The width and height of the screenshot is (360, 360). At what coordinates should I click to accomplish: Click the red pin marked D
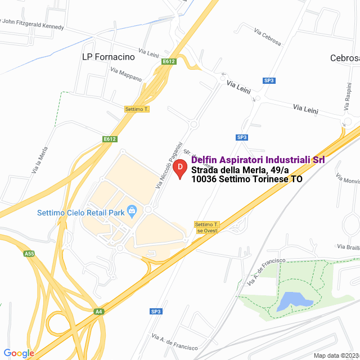[x=179, y=168]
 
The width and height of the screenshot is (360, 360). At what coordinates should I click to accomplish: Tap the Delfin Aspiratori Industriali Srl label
[x=258, y=160]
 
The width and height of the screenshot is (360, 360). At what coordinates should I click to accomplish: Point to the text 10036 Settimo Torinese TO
[x=247, y=180]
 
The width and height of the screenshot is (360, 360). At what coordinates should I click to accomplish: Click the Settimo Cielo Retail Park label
[x=80, y=213]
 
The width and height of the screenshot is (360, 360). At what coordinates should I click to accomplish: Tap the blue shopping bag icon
[x=132, y=211]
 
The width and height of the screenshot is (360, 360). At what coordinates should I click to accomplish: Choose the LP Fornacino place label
[x=108, y=57]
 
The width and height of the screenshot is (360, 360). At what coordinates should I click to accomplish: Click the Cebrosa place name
[x=344, y=58]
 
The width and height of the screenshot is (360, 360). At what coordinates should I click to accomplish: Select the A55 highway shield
[x=29, y=254]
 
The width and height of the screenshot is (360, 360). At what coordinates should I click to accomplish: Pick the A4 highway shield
[x=99, y=311]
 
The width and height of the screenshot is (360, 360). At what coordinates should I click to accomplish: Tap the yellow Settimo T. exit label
[x=137, y=109]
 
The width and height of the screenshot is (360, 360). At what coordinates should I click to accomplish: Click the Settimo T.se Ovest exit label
[x=206, y=227]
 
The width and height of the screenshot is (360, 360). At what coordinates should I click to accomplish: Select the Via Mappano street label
[x=126, y=74]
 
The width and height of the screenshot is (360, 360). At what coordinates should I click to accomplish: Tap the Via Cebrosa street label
[x=267, y=37]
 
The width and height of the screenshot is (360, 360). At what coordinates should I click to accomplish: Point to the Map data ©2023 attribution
[x=336, y=355]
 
